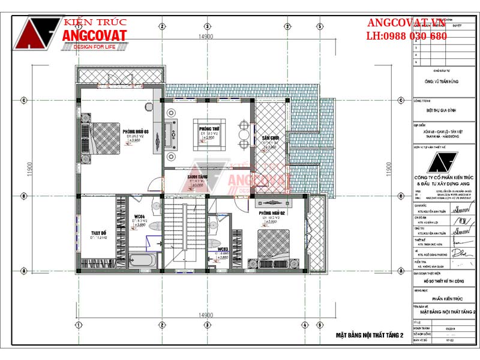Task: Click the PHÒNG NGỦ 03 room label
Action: (x=136, y=131)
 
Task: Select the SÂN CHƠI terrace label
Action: (x=269, y=138)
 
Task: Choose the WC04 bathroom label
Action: (x=140, y=216)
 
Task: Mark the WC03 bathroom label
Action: (x=223, y=249)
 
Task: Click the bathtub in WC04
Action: (x=144, y=260)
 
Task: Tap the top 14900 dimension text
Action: (x=206, y=37)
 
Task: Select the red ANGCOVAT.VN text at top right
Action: (x=407, y=23)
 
